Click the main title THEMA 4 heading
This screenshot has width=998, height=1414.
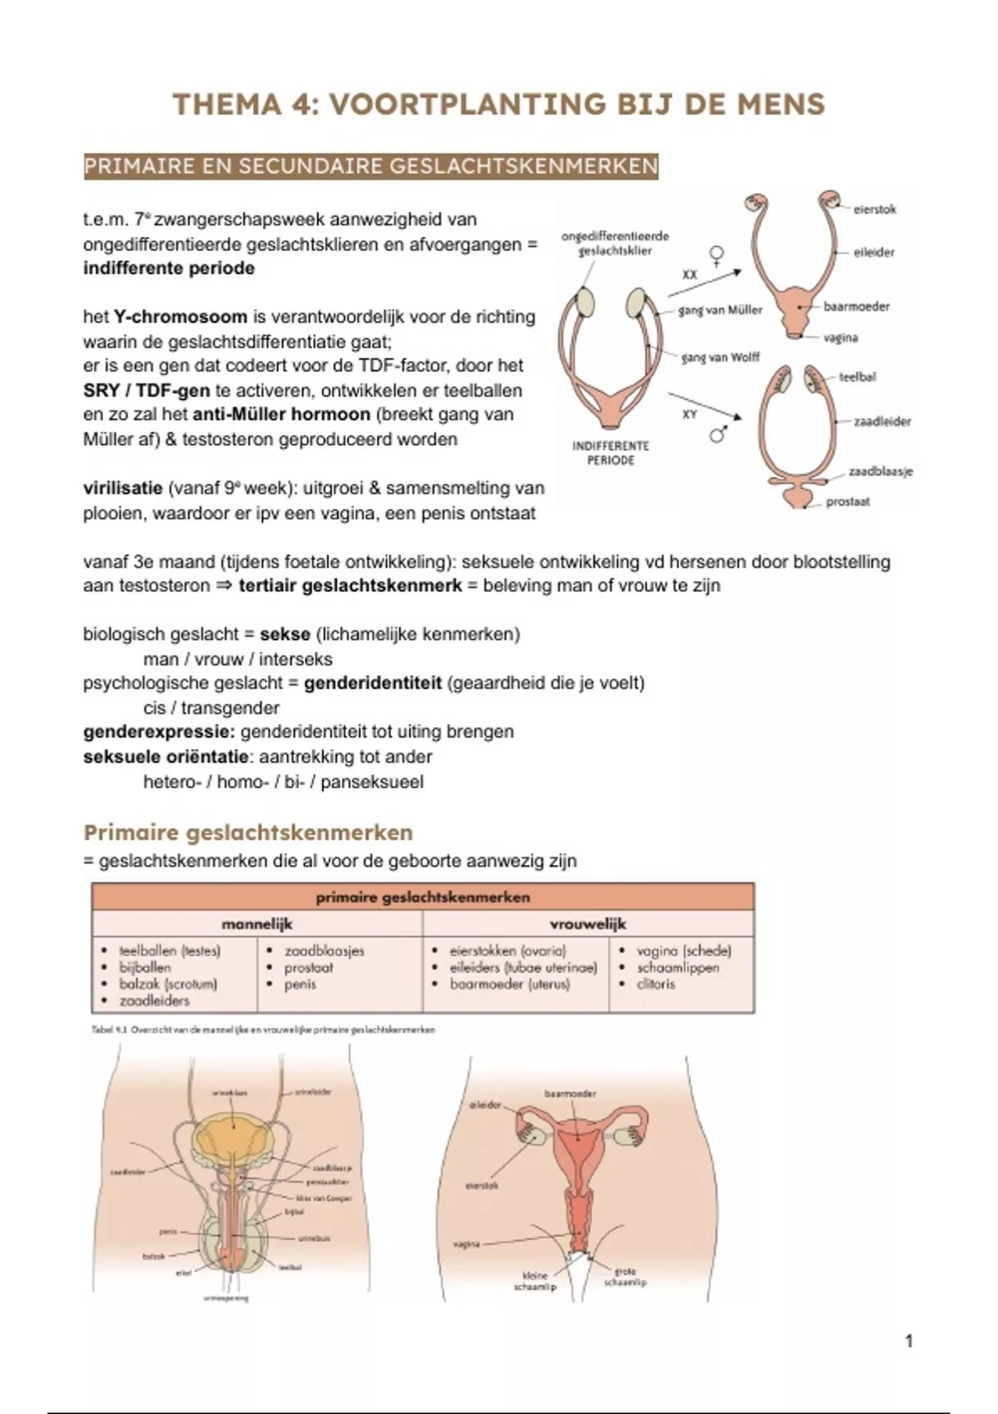(498, 105)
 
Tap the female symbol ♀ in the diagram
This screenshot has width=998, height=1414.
(715, 253)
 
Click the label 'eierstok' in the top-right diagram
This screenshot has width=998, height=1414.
(874, 210)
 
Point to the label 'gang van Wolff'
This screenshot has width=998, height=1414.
(720, 358)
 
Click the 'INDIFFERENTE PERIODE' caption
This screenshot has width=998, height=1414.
(610, 452)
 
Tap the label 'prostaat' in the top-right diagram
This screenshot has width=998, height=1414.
(847, 502)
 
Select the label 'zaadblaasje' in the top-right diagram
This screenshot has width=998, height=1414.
(880, 472)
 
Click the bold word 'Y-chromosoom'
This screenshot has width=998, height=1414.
(180, 317)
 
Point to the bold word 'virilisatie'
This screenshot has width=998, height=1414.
(122, 488)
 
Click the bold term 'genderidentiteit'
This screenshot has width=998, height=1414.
(372, 684)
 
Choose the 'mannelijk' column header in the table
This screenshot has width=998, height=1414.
(256, 924)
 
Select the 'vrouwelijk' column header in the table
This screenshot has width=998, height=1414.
(587, 924)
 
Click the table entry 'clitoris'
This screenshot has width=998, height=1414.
(655, 984)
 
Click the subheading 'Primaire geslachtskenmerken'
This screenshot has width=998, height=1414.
(248, 833)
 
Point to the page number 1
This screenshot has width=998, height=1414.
(909, 1341)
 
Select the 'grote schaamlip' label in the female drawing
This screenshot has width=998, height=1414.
(625, 1277)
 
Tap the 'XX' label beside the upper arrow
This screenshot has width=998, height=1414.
(689, 274)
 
